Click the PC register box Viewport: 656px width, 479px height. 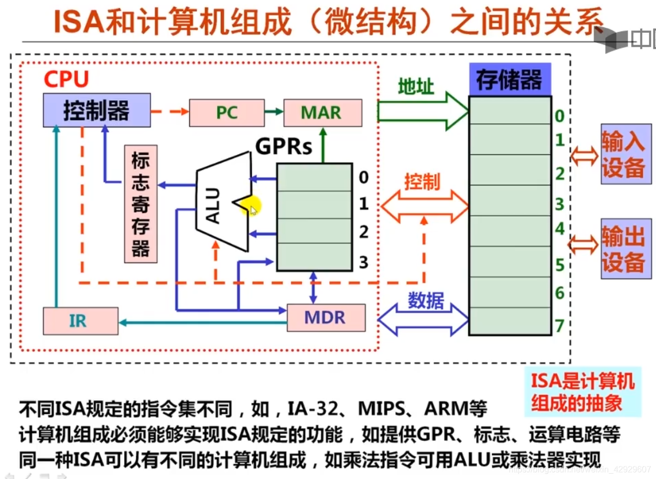[227, 112]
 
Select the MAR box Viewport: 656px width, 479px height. [322, 112]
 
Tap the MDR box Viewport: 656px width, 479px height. [326, 317]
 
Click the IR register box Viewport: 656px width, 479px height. [80, 321]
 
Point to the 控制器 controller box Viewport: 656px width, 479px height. [96, 110]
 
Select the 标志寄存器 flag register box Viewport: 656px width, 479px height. [141, 204]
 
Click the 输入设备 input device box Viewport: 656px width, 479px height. [626, 154]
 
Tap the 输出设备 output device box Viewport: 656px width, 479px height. [626, 248]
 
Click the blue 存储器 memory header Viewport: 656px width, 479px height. [509, 80]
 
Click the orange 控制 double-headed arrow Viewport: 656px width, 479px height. [424, 206]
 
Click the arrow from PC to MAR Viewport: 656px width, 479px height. [274, 112]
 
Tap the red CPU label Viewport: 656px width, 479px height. [66, 79]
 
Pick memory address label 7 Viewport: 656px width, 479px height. [560, 325]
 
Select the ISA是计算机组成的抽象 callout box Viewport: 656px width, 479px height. [583, 391]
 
